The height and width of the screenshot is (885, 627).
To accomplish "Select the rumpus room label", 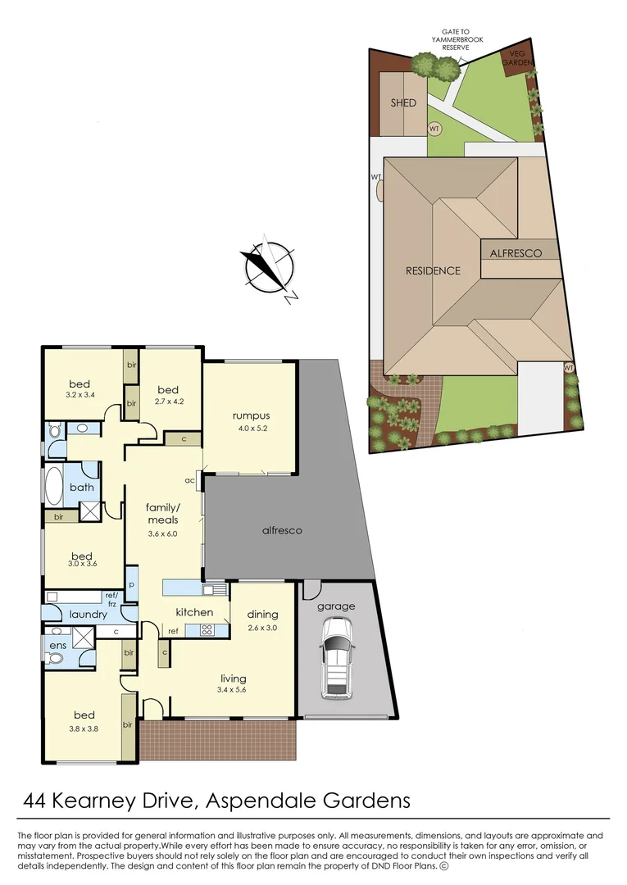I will [250, 415].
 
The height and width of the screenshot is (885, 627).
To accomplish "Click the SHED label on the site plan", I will [403, 103].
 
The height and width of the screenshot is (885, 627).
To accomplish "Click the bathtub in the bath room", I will [53, 487].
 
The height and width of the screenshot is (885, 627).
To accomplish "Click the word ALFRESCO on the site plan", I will [516, 254].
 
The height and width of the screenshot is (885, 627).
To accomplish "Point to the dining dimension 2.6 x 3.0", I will [262, 628].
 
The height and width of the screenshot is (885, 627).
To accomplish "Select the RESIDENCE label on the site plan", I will [433, 270].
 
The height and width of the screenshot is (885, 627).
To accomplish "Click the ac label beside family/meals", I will [189, 480].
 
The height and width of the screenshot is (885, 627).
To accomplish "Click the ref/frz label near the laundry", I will [111, 598].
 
